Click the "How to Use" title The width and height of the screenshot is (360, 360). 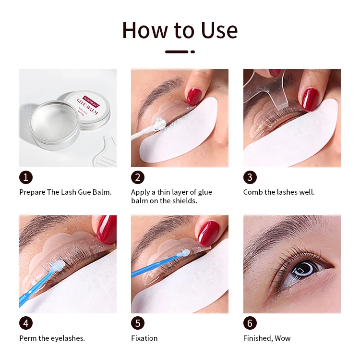(180, 30)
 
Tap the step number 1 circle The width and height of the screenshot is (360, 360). (26, 177)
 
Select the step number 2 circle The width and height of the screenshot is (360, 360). (138, 177)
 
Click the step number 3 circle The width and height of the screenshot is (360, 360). (250, 177)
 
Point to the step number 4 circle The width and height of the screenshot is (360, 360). (26, 323)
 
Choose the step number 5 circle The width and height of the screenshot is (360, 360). (138, 323)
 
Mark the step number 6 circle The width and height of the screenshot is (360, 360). (250, 323)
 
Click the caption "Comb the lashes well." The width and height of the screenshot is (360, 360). (279, 192)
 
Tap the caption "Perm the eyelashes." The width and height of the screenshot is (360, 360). (52, 338)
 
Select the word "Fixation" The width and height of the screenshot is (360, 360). (144, 338)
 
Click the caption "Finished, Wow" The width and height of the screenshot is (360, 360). (267, 338)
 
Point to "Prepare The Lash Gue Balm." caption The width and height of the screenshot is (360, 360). (65, 192)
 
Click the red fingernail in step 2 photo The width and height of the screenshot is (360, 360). (194, 96)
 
